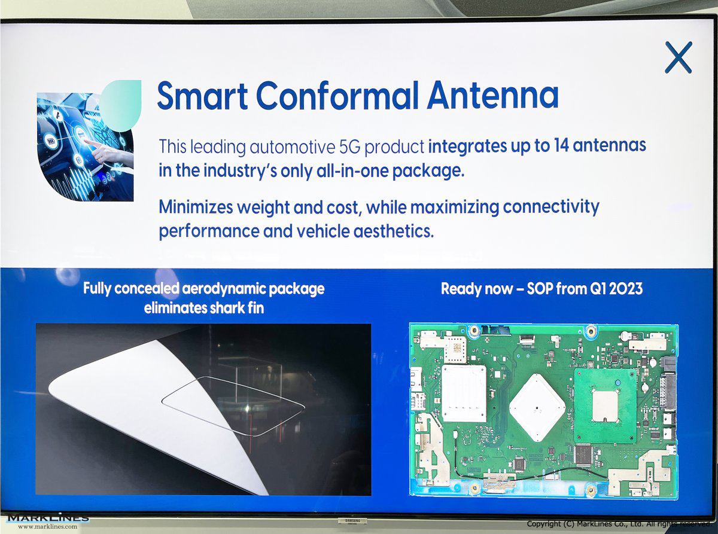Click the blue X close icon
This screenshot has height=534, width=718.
tap(678, 57)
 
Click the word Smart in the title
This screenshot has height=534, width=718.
tap(202, 96)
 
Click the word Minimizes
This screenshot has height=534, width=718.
tap(196, 207)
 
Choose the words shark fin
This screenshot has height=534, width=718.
tap(236, 308)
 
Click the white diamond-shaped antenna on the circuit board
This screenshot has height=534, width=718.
tap(537, 407)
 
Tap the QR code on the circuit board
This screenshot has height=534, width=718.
tap(457, 348)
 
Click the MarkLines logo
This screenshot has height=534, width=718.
tap(48, 520)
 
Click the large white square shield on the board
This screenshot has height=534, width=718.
tap(464, 393)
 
